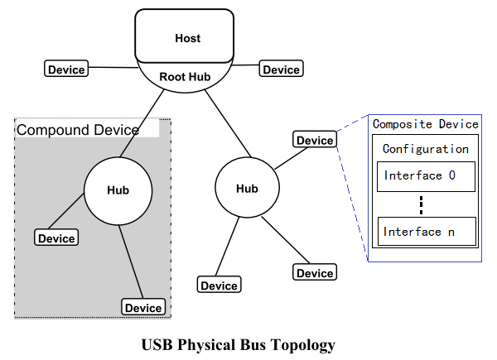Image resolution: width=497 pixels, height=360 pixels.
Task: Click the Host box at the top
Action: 187,38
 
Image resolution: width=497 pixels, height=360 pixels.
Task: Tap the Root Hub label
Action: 185,76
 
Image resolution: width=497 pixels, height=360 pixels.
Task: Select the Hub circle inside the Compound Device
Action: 118,190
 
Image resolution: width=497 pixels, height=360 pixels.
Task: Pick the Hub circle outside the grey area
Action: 247,189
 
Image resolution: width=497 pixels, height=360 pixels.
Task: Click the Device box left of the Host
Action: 66,70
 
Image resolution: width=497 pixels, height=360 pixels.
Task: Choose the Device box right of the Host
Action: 282,70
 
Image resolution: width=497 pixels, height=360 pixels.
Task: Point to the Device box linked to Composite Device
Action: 315,140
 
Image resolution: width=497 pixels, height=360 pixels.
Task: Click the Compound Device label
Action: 78,130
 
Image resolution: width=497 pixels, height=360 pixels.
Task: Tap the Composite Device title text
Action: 425,124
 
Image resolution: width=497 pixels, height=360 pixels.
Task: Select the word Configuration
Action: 425,149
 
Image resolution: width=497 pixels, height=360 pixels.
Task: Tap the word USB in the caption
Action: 157,343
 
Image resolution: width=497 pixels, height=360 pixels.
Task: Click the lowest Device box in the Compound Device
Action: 142,308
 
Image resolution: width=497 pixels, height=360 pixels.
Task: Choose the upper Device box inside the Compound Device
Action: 56,238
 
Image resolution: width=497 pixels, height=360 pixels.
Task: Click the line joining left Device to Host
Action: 112,67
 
